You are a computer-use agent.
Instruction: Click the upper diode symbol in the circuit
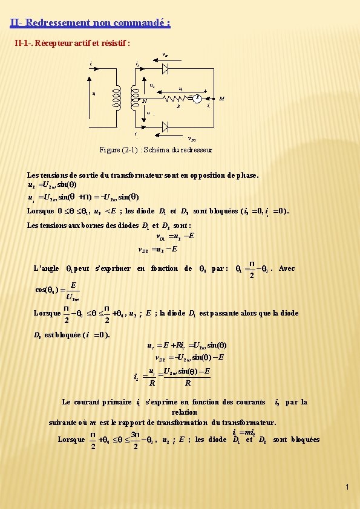(165, 64)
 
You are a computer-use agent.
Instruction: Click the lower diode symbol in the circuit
(165, 128)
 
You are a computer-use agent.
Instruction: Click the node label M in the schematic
(222, 98)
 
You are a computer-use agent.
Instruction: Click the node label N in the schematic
(145, 101)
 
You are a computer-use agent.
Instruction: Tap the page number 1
(347, 487)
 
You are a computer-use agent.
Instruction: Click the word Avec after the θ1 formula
(287, 268)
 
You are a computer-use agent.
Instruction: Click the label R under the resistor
(178, 107)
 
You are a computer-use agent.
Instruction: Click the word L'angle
(46, 268)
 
